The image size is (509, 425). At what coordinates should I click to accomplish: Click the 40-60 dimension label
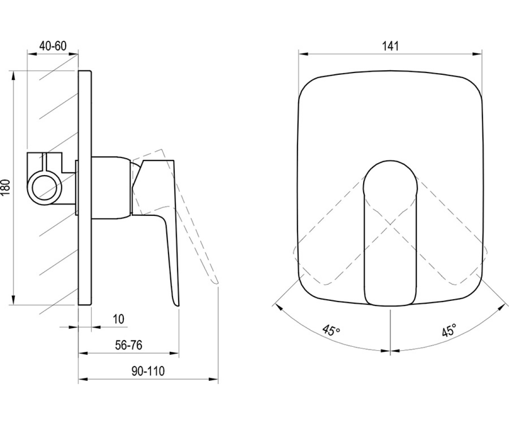pos(53,46)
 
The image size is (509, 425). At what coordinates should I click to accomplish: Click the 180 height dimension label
pos(6,187)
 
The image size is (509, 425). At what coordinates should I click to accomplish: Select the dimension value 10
pos(119,319)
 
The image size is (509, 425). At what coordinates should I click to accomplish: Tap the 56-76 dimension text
pos(129,345)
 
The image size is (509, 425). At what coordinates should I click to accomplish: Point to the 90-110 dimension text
pos(148,371)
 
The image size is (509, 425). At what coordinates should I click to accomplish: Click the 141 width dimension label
pos(390,46)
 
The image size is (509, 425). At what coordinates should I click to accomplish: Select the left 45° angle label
pos(331,330)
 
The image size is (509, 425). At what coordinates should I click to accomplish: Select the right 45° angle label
pos(449,330)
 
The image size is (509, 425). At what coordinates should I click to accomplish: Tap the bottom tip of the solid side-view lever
pos(177,305)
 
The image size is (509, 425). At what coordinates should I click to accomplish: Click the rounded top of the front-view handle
pos(390,161)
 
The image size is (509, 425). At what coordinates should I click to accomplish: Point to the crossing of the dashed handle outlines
pos(390,224)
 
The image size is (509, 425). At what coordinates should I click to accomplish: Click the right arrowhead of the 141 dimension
pos(477,54)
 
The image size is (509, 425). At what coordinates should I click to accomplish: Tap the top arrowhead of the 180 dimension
pos(13,76)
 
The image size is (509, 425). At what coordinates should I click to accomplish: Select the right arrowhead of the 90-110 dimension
pos(213,380)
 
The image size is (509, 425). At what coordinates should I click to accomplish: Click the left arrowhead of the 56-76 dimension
pos(83,353)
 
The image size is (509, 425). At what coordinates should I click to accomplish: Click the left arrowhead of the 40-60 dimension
pos(32,54)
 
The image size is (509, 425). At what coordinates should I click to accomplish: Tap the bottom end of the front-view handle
pos(390,305)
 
